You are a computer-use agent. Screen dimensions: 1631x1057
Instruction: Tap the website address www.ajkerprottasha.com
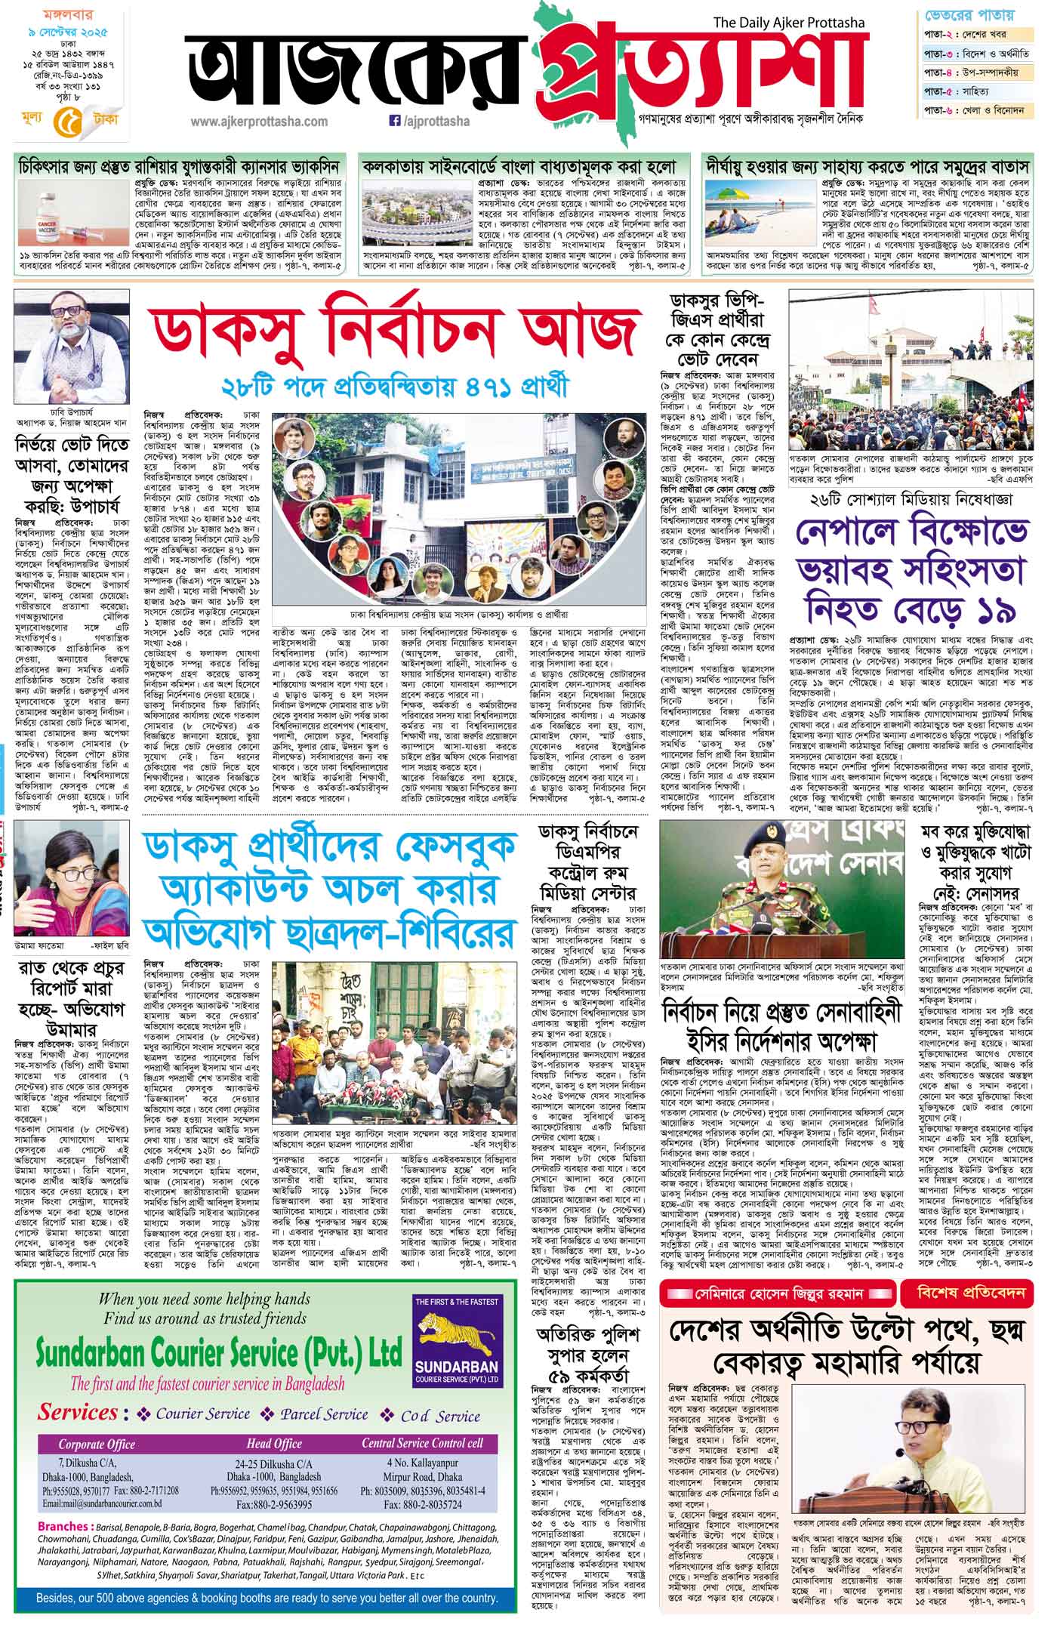click(259, 121)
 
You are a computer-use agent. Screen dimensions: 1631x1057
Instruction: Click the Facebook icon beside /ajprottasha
click(393, 120)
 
